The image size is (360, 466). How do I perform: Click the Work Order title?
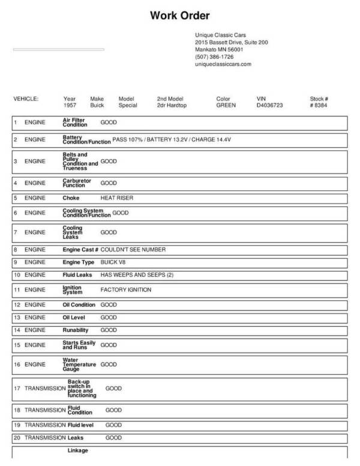pos(180,15)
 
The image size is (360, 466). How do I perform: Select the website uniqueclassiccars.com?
pos(223,64)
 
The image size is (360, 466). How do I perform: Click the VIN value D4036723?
pos(269,105)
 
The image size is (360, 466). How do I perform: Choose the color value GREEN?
pos(226,105)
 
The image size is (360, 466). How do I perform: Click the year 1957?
pos(70,105)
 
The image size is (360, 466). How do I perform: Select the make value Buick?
pos(97,105)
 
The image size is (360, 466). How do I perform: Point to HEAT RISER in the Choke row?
pos(116,198)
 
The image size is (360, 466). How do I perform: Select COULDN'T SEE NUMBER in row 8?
pos(133,249)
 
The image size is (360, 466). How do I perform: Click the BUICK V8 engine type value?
pos(114,262)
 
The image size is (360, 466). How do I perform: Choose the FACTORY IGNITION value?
pos(125,289)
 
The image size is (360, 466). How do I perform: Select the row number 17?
pos(17,389)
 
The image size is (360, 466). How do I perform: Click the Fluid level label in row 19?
pos(81,425)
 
